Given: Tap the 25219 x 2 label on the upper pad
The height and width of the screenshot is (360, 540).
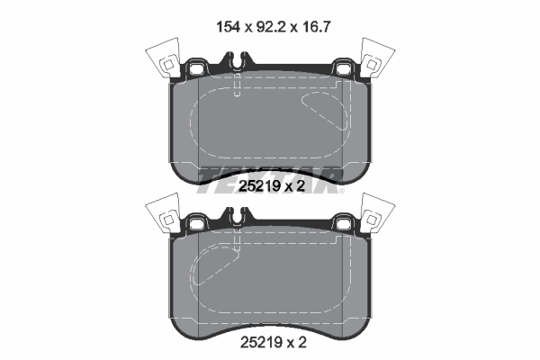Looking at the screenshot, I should click(269, 186).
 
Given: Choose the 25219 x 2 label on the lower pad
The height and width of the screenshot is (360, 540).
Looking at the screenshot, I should click(269, 343).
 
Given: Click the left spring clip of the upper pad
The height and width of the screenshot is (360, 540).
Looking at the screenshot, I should click(162, 60).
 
